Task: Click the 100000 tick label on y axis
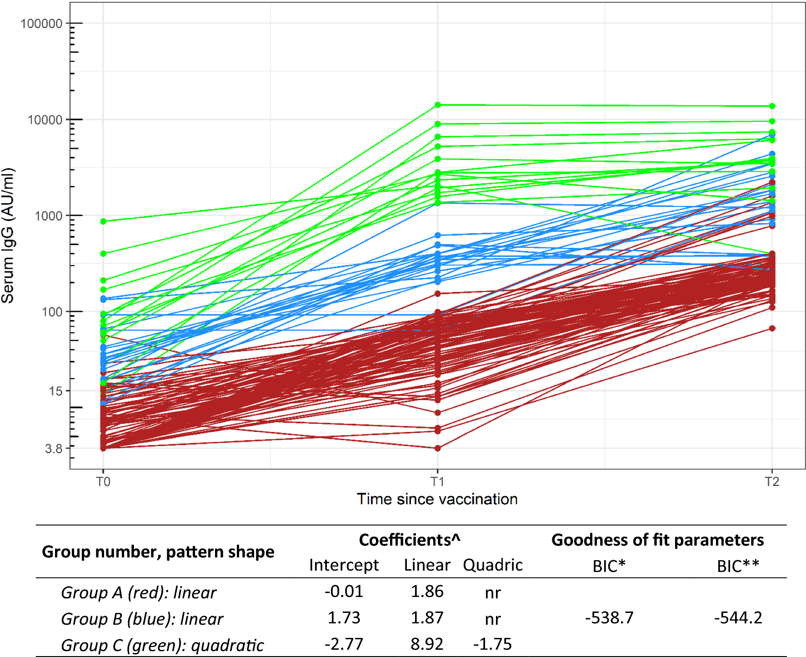pyautogui.click(x=41, y=24)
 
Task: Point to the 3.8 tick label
pyautogui.click(x=54, y=449)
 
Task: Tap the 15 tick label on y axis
pyautogui.click(x=56, y=391)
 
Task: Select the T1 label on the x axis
pyautogui.click(x=437, y=481)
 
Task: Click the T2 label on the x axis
pyautogui.click(x=772, y=481)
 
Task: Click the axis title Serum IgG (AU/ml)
pyautogui.click(x=8, y=236)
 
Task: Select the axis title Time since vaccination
pyautogui.click(x=437, y=499)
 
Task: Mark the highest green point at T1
pyautogui.click(x=438, y=105)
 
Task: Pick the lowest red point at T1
pyautogui.click(x=438, y=448)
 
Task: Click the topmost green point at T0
pyautogui.click(x=103, y=221)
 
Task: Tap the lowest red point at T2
pyautogui.click(x=772, y=328)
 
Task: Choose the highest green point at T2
pyautogui.click(x=772, y=106)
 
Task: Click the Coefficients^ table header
pyautogui.click(x=410, y=540)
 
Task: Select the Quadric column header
pyautogui.click(x=493, y=565)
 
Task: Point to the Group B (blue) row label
pyautogui.click(x=142, y=619)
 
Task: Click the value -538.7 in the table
pyautogui.click(x=609, y=618)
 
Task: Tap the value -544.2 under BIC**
pyautogui.click(x=738, y=618)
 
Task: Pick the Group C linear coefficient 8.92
pyautogui.click(x=427, y=644)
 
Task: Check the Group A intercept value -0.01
pyautogui.click(x=344, y=592)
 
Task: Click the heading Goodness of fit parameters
pyautogui.click(x=657, y=540)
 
